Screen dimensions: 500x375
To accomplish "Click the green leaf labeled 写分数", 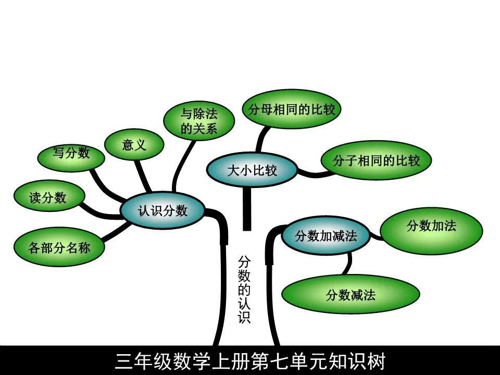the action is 71,153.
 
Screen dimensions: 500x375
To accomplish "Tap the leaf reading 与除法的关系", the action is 198,121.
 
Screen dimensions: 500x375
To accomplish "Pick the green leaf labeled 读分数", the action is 48,197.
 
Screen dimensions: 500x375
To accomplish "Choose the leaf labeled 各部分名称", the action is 59,248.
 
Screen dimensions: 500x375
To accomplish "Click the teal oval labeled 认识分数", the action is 162,210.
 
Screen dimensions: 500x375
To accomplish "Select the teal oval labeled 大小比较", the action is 252,170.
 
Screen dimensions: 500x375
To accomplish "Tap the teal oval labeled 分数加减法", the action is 326,236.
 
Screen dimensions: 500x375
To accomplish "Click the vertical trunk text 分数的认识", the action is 244,290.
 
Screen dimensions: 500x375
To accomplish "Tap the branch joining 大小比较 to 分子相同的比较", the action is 312,173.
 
